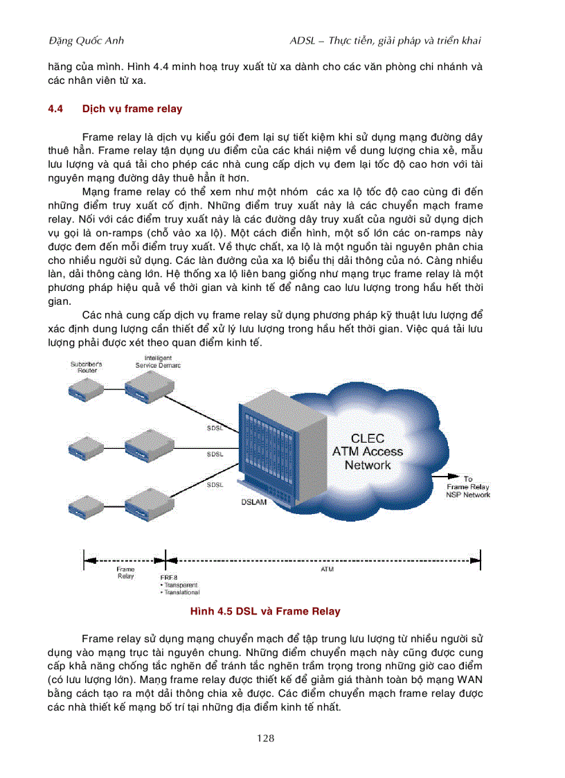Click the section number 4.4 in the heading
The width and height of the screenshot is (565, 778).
click(x=55, y=109)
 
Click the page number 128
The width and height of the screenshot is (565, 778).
click(x=265, y=739)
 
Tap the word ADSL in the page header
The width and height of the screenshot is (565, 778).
click(x=305, y=41)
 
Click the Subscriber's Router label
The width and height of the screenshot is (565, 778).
click(x=87, y=367)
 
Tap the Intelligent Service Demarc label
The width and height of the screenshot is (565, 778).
click(x=157, y=362)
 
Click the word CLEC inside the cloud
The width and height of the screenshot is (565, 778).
click(x=367, y=439)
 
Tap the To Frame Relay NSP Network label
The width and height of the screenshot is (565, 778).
click(x=468, y=487)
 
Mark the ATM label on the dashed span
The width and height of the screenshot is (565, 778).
click(x=328, y=569)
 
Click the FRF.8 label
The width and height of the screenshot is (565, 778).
click(x=168, y=577)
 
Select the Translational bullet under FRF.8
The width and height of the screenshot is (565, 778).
click(x=180, y=592)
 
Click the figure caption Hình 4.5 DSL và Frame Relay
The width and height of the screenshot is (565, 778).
click(x=265, y=612)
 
